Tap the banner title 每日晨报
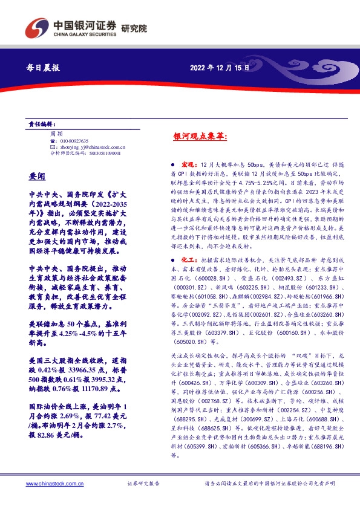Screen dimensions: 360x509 click(x=44, y=68)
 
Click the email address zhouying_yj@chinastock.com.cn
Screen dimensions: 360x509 click(x=91, y=146)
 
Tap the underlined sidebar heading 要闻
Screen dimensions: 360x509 click(x=38, y=176)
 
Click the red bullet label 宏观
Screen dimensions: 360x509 click(x=187, y=164)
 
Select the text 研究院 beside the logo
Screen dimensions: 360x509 click(x=134, y=27)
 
